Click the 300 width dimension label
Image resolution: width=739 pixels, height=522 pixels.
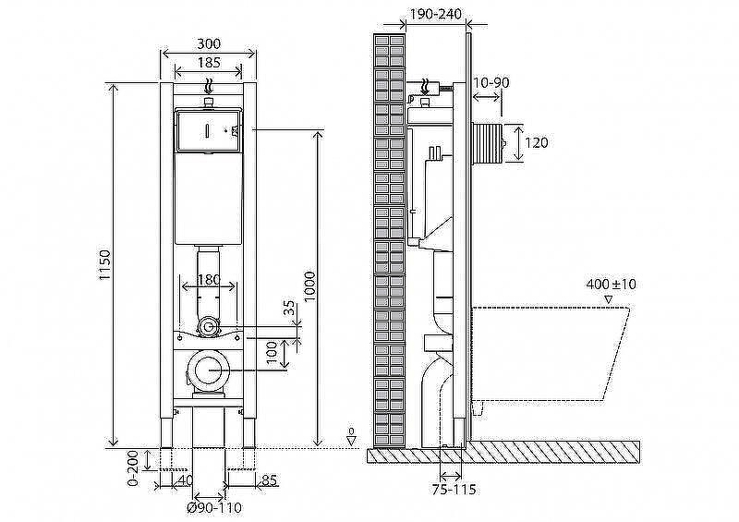pyautogui.click(x=209, y=43)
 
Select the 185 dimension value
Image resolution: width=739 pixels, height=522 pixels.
pyautogui.click(x=209, y=62)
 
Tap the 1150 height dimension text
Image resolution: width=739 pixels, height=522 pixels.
pyautogui.click(x=104, y=265)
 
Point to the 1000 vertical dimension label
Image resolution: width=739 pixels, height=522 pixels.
pyautogui.click(x=309, y=287)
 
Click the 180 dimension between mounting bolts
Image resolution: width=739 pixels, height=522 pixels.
pyautogui.click(x=208, y=280)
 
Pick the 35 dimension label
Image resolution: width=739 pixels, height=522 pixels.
pyautogui.click(x=290, y=308)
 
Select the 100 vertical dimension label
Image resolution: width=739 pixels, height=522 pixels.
pyautogui.click(x=272, y=352)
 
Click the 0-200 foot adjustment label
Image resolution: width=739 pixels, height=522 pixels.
pyautogui.click(x=134, y=467)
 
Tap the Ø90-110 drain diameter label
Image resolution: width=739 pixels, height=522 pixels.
pyautogui.click(x=214, y=508)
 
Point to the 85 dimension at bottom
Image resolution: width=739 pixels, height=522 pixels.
pyautogui.click(x=269, y=480)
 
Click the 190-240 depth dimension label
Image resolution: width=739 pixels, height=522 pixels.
pyautogui.click(x=435, y=14)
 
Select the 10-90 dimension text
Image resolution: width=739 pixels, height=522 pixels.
pyautogui.click(x=491, y=82)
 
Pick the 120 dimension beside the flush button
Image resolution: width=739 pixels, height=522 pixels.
pyautogui.click(x=537, y=142)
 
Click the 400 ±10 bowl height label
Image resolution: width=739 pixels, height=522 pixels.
pyautogui.click(x=612, y=285)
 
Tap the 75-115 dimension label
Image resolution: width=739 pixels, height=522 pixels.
pyautogui.click(x=454, y=490)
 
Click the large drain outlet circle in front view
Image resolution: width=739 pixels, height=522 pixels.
pyautogui.click(x=209, y=371)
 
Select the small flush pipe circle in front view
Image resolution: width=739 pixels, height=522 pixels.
pyautogui.click(x=208, y=327)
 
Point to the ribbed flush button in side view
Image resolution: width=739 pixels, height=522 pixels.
pyautogui.click(x=488, y=143)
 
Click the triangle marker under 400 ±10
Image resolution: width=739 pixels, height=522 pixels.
pyautogui.click(x=608, y=299)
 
